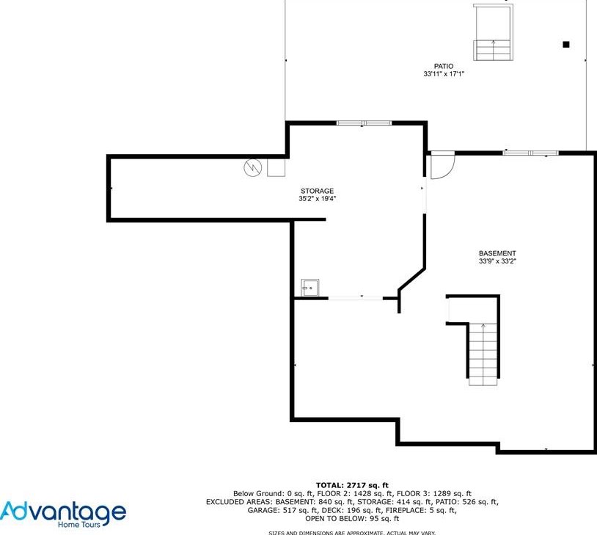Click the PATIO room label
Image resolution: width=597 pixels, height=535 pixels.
click(444, 66)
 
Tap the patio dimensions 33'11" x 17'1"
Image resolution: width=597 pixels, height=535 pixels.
click(444, 74)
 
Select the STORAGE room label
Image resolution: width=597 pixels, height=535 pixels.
click(317, 191)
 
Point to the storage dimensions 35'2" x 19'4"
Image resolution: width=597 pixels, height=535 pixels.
click(317, 199)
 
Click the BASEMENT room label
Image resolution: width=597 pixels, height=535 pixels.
click(497, 253)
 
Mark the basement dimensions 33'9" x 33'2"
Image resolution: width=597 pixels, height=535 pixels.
click(497, 261)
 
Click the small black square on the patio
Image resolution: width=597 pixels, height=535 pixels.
click(566, 45)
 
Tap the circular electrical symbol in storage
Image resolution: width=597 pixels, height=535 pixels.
click(253, 167)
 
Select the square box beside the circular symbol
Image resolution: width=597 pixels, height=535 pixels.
click(276, 167)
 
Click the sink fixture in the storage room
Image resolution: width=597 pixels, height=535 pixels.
click(310, 288)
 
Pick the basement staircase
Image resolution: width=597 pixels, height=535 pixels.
click(483, 354)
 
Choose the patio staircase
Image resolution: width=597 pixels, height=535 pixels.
click(493, 32)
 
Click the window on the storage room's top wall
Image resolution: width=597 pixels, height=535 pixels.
click(364, 123)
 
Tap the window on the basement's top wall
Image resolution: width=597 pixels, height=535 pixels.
click(530, 153)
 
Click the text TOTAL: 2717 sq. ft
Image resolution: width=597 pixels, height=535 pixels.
click(352, 485)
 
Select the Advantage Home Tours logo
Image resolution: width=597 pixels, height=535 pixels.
click(63, 514)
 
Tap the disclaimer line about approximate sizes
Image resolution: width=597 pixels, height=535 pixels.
click(352, 533)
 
